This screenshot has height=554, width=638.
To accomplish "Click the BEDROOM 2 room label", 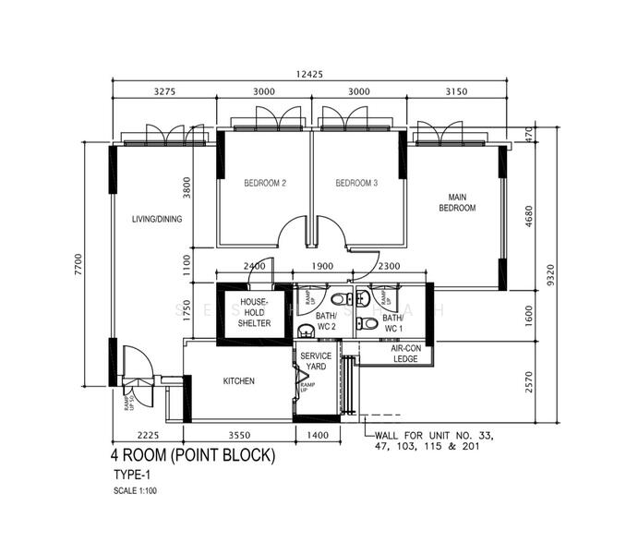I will pyautogui.click(x=264, y=183).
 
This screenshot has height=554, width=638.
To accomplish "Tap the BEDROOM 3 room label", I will pyautogui.click(x=356, y=183).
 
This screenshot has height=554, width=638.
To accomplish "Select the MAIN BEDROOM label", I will pyautogui.click(x=457, y=203).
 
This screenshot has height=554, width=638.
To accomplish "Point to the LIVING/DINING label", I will pyautogui.click(x=157, y=219).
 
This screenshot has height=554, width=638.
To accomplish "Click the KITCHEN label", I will pyautogui.click(x=238, y=381).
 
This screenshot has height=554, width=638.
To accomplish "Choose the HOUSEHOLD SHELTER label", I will pyautogui.click(x=254, y=313).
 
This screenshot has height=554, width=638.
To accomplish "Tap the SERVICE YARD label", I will pyautogui.click(x=315, y=361).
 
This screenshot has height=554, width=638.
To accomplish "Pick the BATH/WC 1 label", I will pyautogui.click(x=392, y=323).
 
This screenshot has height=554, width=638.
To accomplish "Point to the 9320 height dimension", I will pyautogui.click(x=551, y=276).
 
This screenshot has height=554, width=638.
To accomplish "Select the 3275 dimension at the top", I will pyautogui.click(x=164, y=92).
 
